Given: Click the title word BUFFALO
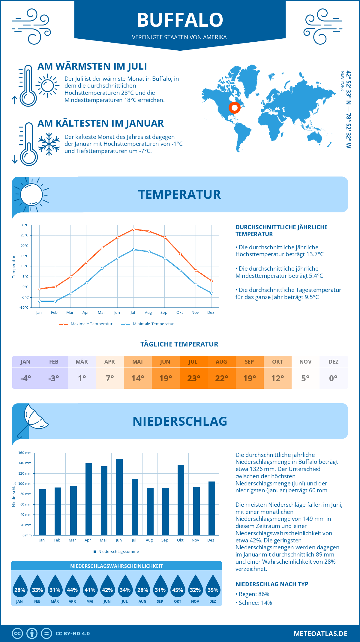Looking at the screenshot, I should tap(180, 20).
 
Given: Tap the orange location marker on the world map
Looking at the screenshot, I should tap(234, 107).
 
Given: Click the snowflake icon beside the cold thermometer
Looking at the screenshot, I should tap(49, 144).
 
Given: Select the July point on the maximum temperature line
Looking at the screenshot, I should tap(133, 229).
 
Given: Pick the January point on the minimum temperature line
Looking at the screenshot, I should tap(40, 301).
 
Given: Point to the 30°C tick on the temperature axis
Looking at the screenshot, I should tap(25, 225).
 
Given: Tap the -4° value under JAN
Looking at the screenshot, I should tap(26, 378).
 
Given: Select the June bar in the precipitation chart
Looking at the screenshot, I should tap(119, 497).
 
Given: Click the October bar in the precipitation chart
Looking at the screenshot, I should tap(181, 500).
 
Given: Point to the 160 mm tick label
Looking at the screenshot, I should tap(25, 453).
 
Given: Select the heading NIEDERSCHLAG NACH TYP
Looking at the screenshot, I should tap(272, 584).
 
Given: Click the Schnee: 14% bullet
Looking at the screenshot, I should tap(255, 603).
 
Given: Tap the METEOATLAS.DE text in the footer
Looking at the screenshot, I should tap(320, 634).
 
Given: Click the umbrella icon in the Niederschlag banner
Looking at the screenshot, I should tap(33, 419).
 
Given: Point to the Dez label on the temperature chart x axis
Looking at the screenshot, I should tap(211, 313).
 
